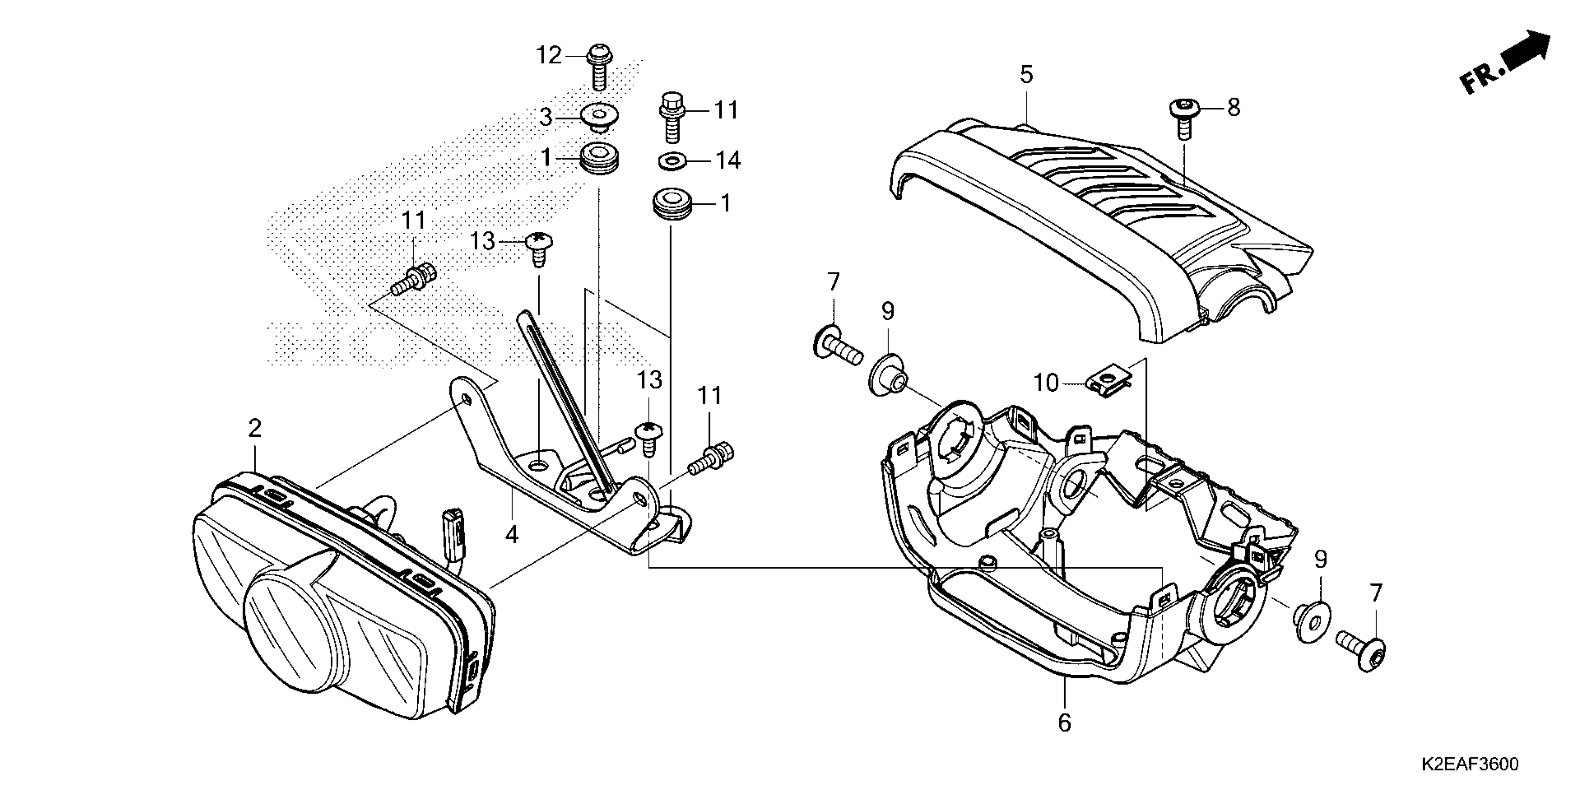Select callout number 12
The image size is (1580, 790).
(549, 56)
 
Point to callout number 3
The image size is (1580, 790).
(545, 117)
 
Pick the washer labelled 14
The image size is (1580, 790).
(673, 162)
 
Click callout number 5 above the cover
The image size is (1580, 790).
(1026, 75)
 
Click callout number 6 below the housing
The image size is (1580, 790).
(1064, 723)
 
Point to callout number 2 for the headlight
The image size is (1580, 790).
(255, 428)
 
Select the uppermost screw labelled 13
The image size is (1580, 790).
(539, 249)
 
